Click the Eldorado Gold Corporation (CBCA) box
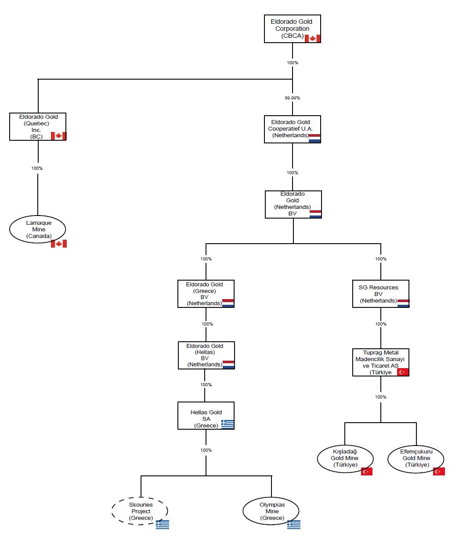pos(293,29)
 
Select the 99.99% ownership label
pos(292,98)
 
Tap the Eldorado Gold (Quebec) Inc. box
pos(38,127)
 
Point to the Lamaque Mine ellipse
pos(38,229)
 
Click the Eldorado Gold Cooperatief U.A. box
pos(293,129)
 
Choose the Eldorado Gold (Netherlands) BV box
pos(293,205)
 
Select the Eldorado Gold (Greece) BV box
pos(206,294)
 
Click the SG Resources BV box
pos(381,294)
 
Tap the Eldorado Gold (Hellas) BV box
pos(206,355)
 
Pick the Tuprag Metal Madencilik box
pos(381,362)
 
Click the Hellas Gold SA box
pos(206,416)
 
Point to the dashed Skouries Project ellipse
pos(140,511)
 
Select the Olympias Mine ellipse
pos(271,511)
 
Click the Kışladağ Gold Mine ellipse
pos(345,459)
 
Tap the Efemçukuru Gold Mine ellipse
pos(416,459)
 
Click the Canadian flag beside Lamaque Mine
pos(59,243)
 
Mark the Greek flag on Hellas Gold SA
pos(228,424)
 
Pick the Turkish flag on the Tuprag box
pos(403,372)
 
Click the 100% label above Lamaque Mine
pos(37,168)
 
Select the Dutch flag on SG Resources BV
pos(404,303)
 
